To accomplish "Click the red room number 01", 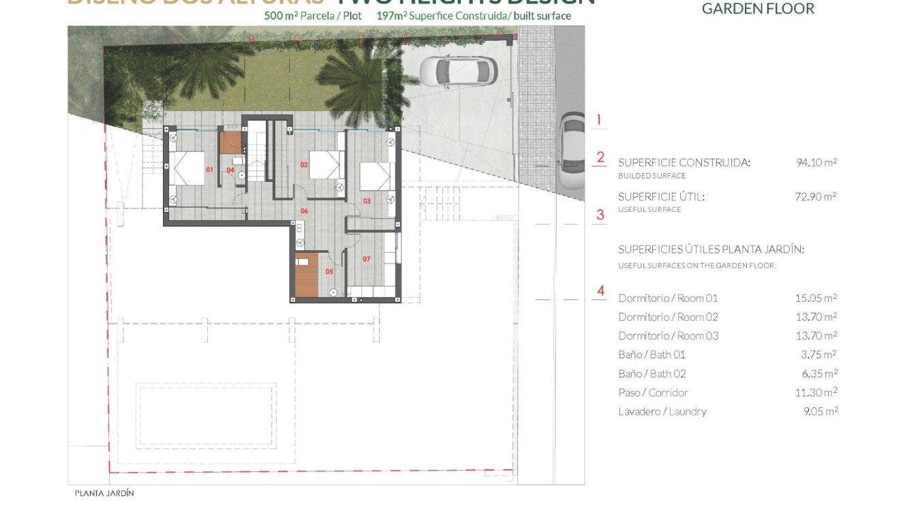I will pyautogui.click(x=209, y=170).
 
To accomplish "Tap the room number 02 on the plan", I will pyautogui.click(x=305, y=164).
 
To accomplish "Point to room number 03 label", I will pyautogui.click(x=366, y=201).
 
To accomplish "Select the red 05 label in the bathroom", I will pyautogui.click(x=329, y=271).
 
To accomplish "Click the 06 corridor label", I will pyautogui.click(x=304, y=211).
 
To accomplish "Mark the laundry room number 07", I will pyautogui.click(x=366, y=259).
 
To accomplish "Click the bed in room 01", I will pyautogui.click(x=187, y=168).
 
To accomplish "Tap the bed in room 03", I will pyautogui.click(x=375, y=177).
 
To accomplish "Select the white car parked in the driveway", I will pyautogui.click(x=457, y=71).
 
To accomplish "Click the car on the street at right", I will pyautogui.click(x=571, y=151).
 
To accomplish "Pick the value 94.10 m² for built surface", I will pyautogui.click(x=816, y=163).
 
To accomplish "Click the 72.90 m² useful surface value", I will pyautogui.click(x=816, y=197).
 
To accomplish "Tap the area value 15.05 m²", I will pyautogui.click(x=816, y=298).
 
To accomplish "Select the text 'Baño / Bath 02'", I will pyautogui.click(x=652, y=374).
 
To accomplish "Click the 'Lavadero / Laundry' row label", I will pyautogui.click(x=662, y=411).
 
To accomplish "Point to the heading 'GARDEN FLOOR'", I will pyautogui.click(x=758, y=9).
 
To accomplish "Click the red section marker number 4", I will pyautogui.click(x=600, y=291).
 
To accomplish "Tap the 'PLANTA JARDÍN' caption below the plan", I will pyautogui.click(x=104, y=493).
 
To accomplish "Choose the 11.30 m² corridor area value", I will pyautogui.click(x=816, y=392).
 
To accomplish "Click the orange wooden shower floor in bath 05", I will pyautogui.click(x=307, y=275).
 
